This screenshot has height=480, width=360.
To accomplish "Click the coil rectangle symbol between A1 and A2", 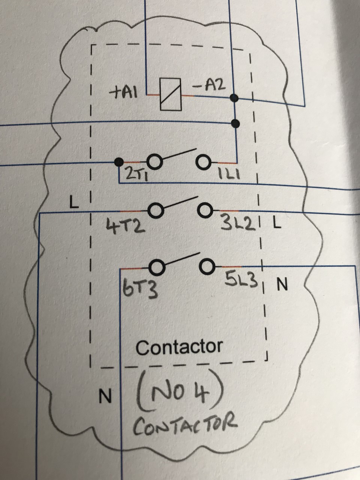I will (x=170, y=94).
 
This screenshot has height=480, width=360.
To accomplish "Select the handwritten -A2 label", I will (x=210, y=87).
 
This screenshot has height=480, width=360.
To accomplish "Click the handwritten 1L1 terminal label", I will (x=229, y=174).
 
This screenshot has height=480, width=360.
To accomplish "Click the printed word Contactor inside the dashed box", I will (x=179, y=347).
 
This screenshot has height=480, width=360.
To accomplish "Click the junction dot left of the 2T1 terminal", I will (x=118, y=162).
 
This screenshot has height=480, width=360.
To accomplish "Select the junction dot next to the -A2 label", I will (x=235, y=98).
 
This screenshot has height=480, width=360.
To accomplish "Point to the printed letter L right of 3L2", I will (x=276, y=224).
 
